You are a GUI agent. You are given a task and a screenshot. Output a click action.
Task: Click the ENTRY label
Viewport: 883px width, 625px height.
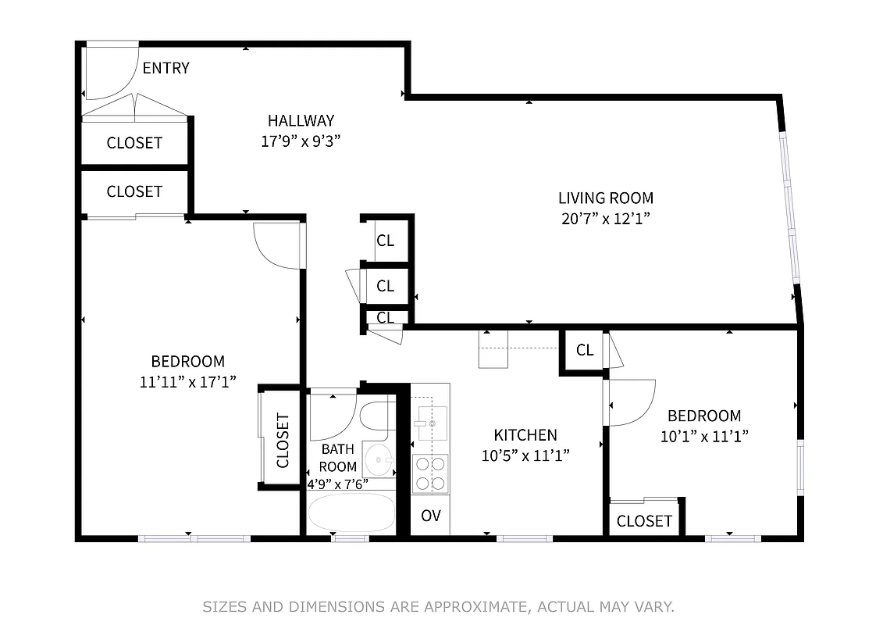click(x=166, y=68)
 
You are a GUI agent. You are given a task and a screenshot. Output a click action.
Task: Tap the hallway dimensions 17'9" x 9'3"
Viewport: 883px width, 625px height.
click(x=301, y=141)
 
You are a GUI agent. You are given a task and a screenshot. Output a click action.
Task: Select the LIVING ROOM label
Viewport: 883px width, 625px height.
click(x=605, y=198)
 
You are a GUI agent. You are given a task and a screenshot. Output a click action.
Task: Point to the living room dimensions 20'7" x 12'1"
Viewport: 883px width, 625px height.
click(x=605, y=218)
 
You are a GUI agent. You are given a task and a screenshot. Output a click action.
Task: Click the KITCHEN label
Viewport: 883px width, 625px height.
click(x=525, y=435)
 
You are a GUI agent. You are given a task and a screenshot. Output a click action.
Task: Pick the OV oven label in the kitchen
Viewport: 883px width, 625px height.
click(x=430, y=516)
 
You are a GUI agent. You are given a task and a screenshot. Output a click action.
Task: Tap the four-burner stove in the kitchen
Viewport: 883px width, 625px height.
click(x=430, y=473)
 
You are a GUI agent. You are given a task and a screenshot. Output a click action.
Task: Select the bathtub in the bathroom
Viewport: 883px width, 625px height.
click(x=351, y=512)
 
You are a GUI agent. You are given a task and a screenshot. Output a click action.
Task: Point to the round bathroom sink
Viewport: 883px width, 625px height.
click(x=379, y=459)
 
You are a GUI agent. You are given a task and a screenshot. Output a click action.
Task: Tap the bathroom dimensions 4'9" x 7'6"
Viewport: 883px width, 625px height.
click(x=337, y=484)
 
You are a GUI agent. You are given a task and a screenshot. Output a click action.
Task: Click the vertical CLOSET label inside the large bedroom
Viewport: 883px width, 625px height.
click(x=282, y=440)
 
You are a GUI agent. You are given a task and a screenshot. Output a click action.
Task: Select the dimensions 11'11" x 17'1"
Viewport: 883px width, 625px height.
click(x=187, y=381)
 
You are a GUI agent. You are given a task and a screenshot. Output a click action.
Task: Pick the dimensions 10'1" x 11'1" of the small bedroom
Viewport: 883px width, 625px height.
click(x=704, y=437)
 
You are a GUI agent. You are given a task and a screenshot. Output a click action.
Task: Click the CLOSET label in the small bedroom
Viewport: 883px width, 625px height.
click(x=644, y=520)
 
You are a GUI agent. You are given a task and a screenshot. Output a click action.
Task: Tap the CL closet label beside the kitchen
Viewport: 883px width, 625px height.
click(x=584, y=350)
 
